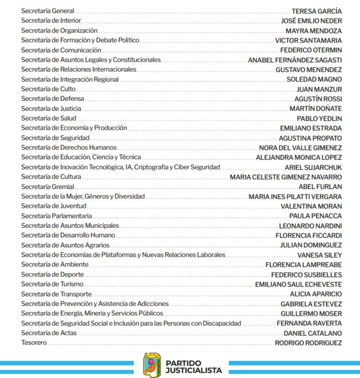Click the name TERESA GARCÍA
coord(316,11)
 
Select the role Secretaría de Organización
coord(59,31)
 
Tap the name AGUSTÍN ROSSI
coord(318,99)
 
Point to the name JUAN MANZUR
coord(319,89)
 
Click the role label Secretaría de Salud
coord(49,118)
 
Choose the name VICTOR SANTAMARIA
coord(308,41)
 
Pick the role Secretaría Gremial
coord(47,187)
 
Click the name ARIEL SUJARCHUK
coord(313,167)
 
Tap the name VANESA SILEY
coord(319,255)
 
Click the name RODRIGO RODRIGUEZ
coord(308,343)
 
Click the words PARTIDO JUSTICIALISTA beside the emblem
coord(193,367)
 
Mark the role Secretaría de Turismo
coord(52,284)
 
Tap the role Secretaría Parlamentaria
coord(57,216)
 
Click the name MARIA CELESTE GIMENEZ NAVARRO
coord(286,177)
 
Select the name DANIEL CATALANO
coord(313,333)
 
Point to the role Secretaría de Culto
coord(48,89)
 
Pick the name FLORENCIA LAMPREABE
coord(304,265)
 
